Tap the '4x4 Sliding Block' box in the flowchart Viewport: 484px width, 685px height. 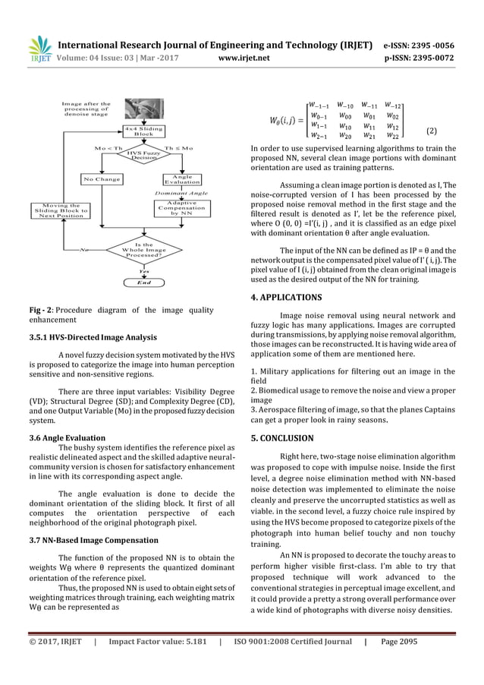click(x=144, y=131)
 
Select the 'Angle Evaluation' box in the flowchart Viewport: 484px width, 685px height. click(x=182, y=180)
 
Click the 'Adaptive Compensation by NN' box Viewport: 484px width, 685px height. click(x=182, y=210)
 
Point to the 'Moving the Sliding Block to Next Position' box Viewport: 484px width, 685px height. click(x=59, y=210)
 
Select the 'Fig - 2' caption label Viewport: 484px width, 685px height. click(x=39, y=310)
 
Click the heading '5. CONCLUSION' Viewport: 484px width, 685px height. click(x=288, y=438)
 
